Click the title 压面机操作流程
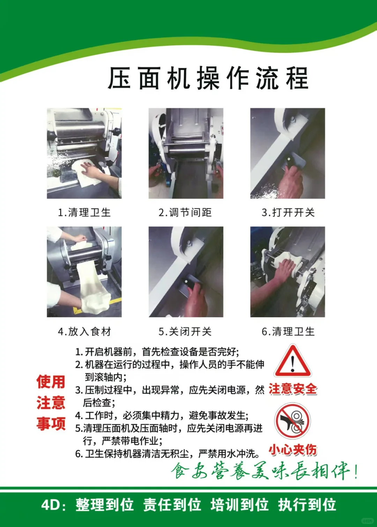point(208,78)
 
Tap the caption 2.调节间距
point(185,212)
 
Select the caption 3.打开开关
point(288,212)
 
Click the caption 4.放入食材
point(84,331)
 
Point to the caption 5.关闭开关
point(185,331)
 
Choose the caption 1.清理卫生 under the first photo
point(84,212)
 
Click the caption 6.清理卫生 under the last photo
point(288,331)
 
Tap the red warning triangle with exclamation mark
point(293,362)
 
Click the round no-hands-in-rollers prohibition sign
point(293,421)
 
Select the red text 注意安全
point(293,389)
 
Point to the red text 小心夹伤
point(293,450)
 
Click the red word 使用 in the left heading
point(51,382)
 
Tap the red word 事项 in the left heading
point(51,424)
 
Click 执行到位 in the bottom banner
point(307,505)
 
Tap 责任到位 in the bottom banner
point(172,505)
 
